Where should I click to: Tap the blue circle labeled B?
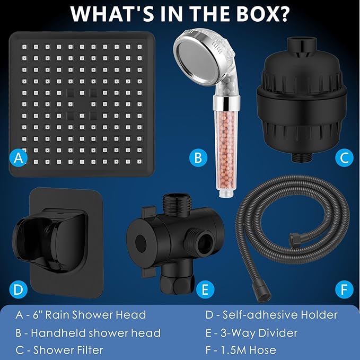click(198, 157)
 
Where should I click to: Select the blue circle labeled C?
click(344, 157)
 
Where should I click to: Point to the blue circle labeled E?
click(204, 289)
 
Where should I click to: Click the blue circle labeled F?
click(344, 289)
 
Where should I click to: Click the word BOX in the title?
click(254, 14)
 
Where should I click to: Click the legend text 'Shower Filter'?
click(68, 350)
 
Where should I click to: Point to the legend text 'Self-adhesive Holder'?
click(271, 315)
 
